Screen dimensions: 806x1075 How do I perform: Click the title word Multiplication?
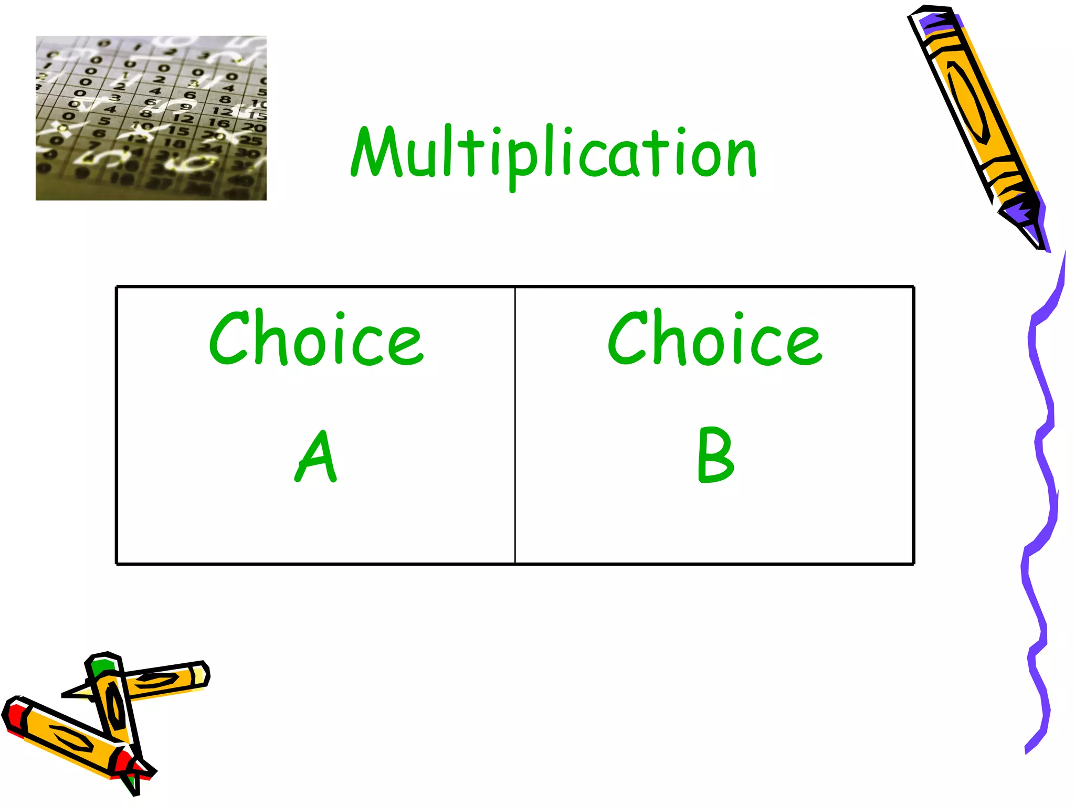click(x=554, y=152)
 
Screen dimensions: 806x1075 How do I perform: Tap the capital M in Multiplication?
click(x=376, y=152)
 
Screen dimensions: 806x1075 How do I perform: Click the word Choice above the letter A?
click(x=316, y=338)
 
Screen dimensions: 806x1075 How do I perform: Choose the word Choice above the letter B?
click(x=715, y=338)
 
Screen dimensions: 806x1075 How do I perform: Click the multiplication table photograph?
click(x=151, y=118)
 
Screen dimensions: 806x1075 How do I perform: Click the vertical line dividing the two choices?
click(x=515, y=425)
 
